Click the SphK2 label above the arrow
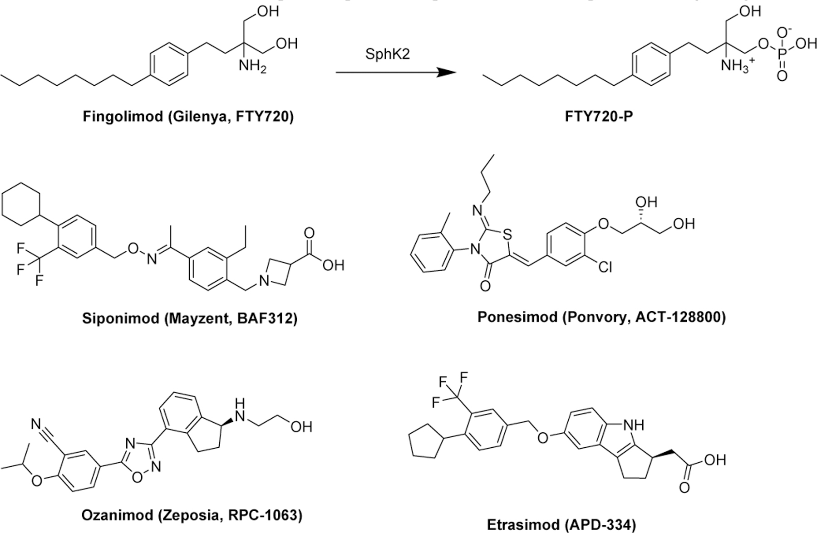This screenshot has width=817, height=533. point(387,54)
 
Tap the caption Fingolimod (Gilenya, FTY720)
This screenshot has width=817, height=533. point(188,117)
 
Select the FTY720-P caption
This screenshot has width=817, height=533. point(599,117)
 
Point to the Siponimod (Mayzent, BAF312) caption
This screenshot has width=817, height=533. point(189,318)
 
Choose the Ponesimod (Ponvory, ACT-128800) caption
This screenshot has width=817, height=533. point(601,317)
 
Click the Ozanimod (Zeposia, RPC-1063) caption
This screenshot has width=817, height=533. point(192,515)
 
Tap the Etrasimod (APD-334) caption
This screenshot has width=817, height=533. point(561,525)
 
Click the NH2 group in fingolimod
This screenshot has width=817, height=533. point(252,67)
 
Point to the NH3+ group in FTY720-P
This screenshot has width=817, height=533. point(736,67)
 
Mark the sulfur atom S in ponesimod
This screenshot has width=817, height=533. point(508,235)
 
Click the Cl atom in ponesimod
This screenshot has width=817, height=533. point(605,268)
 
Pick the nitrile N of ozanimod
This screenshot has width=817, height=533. point(37,425)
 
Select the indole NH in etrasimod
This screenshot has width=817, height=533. point(633,425)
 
